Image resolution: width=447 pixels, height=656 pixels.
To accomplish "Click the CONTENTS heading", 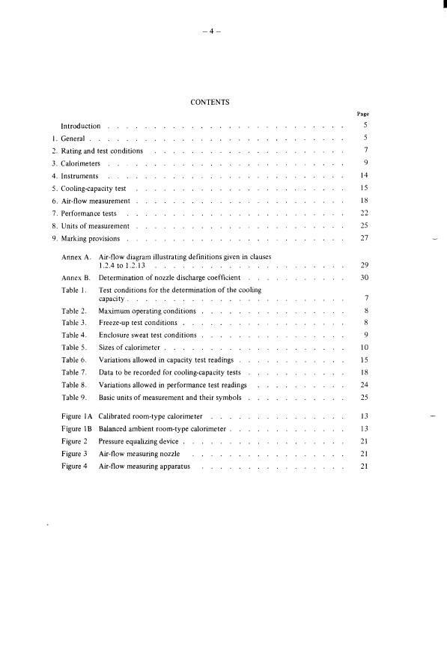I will pyautogui.click(x=210, y=101).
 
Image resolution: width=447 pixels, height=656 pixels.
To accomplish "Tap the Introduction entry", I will pyautogui.click(x=80, y=126).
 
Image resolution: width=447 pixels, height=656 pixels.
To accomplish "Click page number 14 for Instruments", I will pyautogui.click(x=363, y=176).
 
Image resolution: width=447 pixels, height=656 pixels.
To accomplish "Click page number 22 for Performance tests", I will pyautogui.click(x=363, y=214).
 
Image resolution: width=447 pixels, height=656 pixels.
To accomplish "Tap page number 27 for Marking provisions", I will pyautogui.click(x=363, y=239).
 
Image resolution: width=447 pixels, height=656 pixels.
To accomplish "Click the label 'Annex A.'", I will pyautogui.click(x=76, y=257).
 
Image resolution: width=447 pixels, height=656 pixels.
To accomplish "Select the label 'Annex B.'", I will pyautogui.click(x=76, y=277).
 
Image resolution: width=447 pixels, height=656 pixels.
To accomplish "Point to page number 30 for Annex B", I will pyautogui.click(x=365, y=277).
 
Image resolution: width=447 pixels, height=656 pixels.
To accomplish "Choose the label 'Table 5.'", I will pyautogui.click(x=74, y=348).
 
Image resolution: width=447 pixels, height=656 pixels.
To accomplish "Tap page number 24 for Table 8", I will pyautogui.click(x=365, y=386).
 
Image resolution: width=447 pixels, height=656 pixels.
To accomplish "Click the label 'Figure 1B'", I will pyautogui.click(x=76, y=429).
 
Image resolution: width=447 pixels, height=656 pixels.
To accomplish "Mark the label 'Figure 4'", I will pyautogui.click(x=75, y=467).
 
